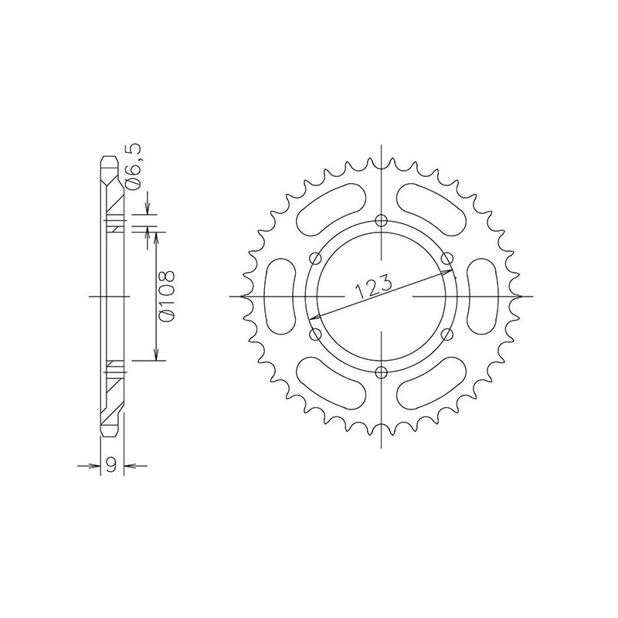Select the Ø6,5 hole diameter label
click(133, 171)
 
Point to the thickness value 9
click(112, 465)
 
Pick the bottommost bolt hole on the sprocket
click(380, 372)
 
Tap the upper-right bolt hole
click(446, 259)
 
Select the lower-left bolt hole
click(314, 334)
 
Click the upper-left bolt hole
click(314, 259)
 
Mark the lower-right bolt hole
click(446, 334)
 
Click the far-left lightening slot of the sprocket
click(280, 297)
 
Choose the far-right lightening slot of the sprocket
click(480, 297)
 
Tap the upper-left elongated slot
click(330, 209)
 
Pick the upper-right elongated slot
click(430, 209)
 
